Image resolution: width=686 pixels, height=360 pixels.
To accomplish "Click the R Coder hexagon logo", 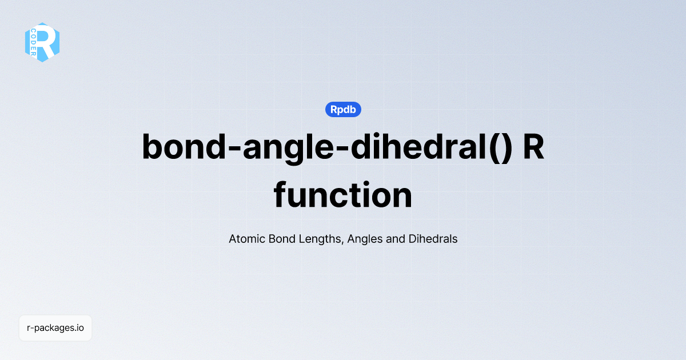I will pos(42,42).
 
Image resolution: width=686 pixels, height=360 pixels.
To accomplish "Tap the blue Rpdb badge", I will pos(343,109).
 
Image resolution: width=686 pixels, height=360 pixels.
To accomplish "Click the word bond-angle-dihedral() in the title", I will pos(326,147).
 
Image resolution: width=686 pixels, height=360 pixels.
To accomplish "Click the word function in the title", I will pos(343,195).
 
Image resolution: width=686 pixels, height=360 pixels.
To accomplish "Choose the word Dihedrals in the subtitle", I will pos(433,239).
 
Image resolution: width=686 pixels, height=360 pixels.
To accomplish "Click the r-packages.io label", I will pos(55,328).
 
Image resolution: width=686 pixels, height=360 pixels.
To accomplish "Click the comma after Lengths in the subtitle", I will pos(343,242).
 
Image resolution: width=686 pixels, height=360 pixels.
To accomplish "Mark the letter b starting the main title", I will pos(153,147).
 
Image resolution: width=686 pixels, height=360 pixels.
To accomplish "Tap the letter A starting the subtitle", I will pos(233,239).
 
